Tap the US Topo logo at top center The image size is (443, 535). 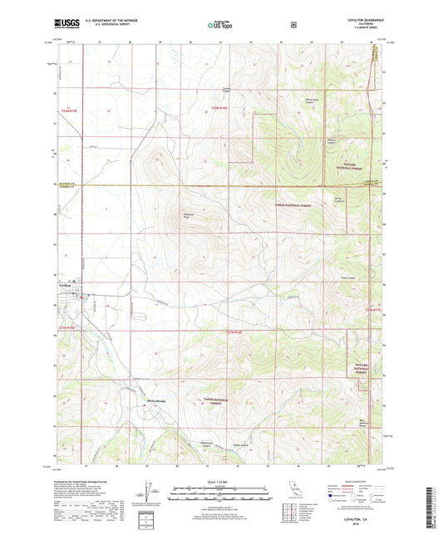tap(220, 25)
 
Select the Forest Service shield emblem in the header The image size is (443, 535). tap(293, 25)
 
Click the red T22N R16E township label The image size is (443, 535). tap(219, 108)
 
